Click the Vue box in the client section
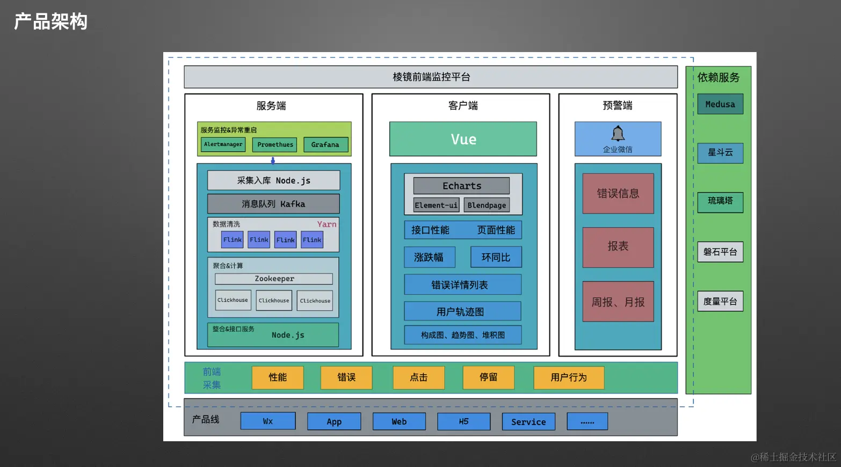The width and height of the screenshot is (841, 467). coord(463,139)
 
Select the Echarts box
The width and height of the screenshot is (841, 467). coord(461,186)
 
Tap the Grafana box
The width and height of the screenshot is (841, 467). coord(325,144)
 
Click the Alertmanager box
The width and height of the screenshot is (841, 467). coord(223,144)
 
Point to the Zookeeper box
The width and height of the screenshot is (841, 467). coord(274,279)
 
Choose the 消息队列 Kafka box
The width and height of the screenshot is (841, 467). coord(273,204)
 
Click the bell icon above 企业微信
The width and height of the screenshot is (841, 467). coord(618,133)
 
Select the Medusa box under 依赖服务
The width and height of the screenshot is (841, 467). coord(720,104)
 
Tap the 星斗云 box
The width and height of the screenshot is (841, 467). coord(720,152)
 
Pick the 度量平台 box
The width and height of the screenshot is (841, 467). coord(720,301)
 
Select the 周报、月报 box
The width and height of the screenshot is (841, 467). coord(618,302)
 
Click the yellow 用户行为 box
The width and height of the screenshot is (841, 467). coord(569,377)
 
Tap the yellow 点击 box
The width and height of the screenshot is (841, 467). coord(419,377)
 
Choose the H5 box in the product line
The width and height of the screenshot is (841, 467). coord(463,421)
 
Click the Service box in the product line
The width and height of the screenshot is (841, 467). coord(528,421)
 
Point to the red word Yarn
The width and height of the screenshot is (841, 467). coord(327,224)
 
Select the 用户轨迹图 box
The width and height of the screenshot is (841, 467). coord(462,311)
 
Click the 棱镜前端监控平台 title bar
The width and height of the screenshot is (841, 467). coord(431,77)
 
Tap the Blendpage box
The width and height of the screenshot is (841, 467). coord(487,205)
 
